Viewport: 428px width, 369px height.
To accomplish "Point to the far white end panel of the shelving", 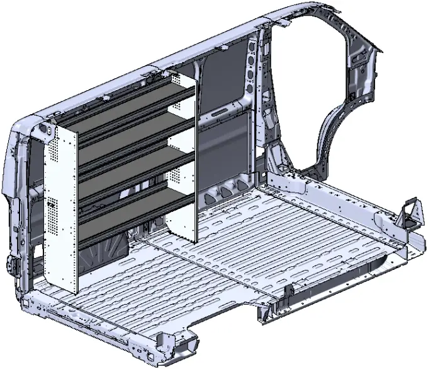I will (183, 158).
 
